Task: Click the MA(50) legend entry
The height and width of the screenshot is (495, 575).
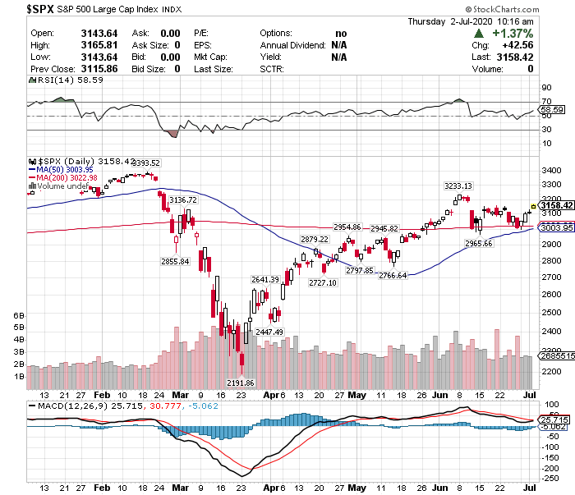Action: (x=67, y=170)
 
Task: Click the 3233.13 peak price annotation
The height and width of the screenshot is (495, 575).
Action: (x=458, y=186)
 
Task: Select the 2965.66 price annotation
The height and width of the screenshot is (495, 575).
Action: (x=478, y=244)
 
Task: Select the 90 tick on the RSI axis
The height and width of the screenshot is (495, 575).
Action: (x=545, y=86)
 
